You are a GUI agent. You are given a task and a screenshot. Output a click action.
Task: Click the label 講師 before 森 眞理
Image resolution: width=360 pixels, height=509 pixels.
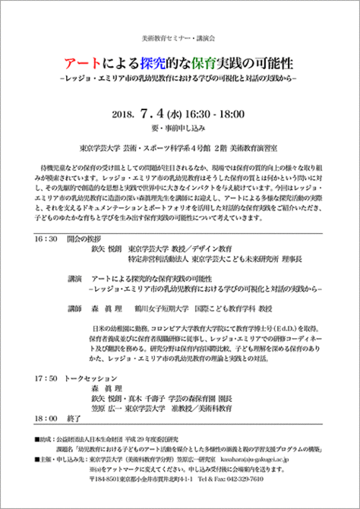pyautogui.click(x=74, y=310)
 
